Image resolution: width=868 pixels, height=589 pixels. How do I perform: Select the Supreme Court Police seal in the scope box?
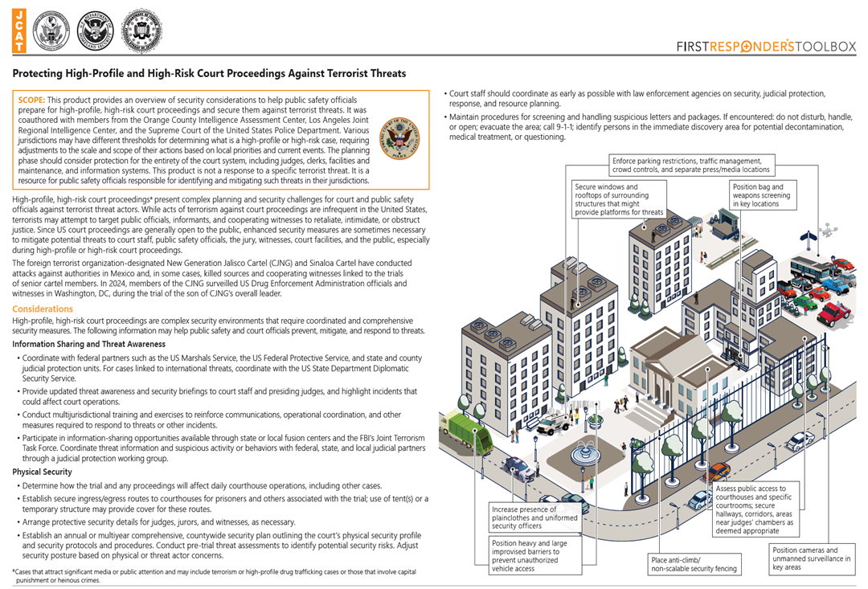point(399,135)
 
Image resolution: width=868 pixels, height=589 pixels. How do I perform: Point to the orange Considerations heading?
point(43,309)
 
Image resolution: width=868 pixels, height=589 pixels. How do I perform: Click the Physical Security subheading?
point(42,472)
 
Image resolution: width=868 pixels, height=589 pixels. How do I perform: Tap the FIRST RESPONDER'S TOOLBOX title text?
point(766,47)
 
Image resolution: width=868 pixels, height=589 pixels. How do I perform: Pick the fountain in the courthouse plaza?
point(584,454)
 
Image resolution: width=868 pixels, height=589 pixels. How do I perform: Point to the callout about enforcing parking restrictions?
point(690,164)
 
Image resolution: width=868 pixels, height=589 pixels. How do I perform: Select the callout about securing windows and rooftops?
point(620,199)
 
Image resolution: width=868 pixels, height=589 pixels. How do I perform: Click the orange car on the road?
point(718,470)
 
